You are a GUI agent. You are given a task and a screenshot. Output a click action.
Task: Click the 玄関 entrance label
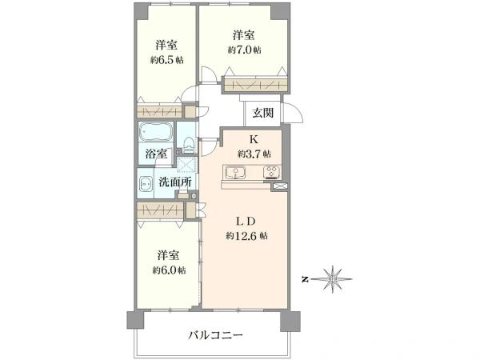pos(262,114)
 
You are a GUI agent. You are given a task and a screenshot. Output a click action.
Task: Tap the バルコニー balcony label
pos(215,335)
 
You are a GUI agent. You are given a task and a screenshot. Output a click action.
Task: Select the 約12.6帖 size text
pos(246,236)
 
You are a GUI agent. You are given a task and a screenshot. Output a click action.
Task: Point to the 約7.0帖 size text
pos(244,50)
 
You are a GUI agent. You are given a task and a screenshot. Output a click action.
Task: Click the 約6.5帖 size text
pos(166,60)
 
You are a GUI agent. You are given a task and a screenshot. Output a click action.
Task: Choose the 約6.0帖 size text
pos(169,270)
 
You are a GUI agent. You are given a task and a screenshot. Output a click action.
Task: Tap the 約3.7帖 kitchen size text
pos(254,154)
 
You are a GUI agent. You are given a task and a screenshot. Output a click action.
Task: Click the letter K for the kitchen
pos(253,139)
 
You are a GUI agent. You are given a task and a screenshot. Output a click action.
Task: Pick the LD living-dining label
pos(245,221)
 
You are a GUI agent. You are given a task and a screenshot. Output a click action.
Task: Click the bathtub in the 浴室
pos(155,132)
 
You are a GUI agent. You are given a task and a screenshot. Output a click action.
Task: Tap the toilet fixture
pos(188,145)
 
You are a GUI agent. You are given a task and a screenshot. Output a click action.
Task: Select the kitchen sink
pos(235,172)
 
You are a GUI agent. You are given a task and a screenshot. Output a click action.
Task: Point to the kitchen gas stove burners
pos(272,172)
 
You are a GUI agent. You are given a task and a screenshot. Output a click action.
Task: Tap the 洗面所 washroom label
pos(175,182)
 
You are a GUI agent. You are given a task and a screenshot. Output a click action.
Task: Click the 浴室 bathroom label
pos(156,154)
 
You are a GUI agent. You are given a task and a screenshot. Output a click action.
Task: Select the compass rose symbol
pos(332,279)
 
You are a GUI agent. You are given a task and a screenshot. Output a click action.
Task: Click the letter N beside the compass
pos(305,279)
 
